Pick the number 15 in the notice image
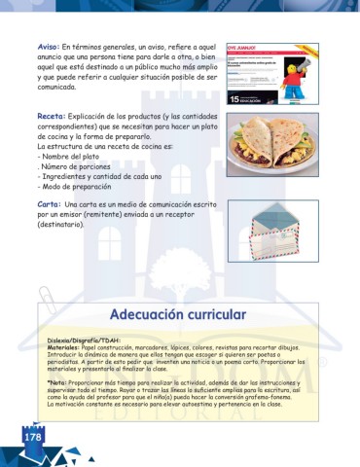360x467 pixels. [x=234, y=98]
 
